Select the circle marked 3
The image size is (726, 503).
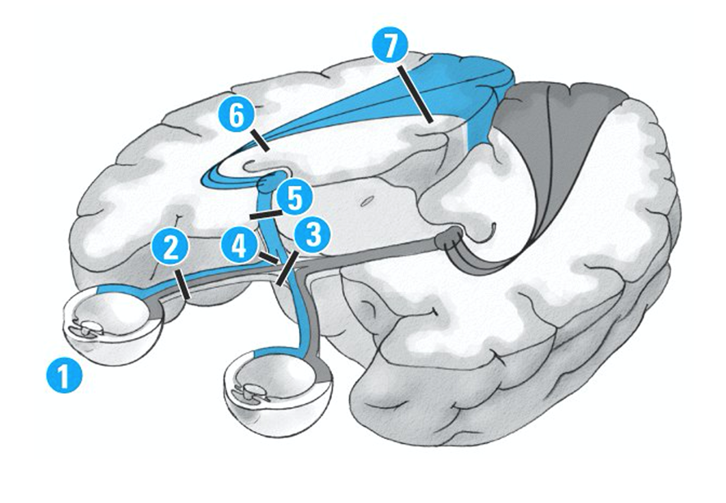tap(312, 236)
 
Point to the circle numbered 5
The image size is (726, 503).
tap(293, 198)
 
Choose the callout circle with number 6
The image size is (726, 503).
tap(235, 117)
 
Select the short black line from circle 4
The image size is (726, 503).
tap(267, 260)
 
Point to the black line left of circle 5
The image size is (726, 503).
tap(263, 215)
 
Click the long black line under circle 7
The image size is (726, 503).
tap(417, 97)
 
